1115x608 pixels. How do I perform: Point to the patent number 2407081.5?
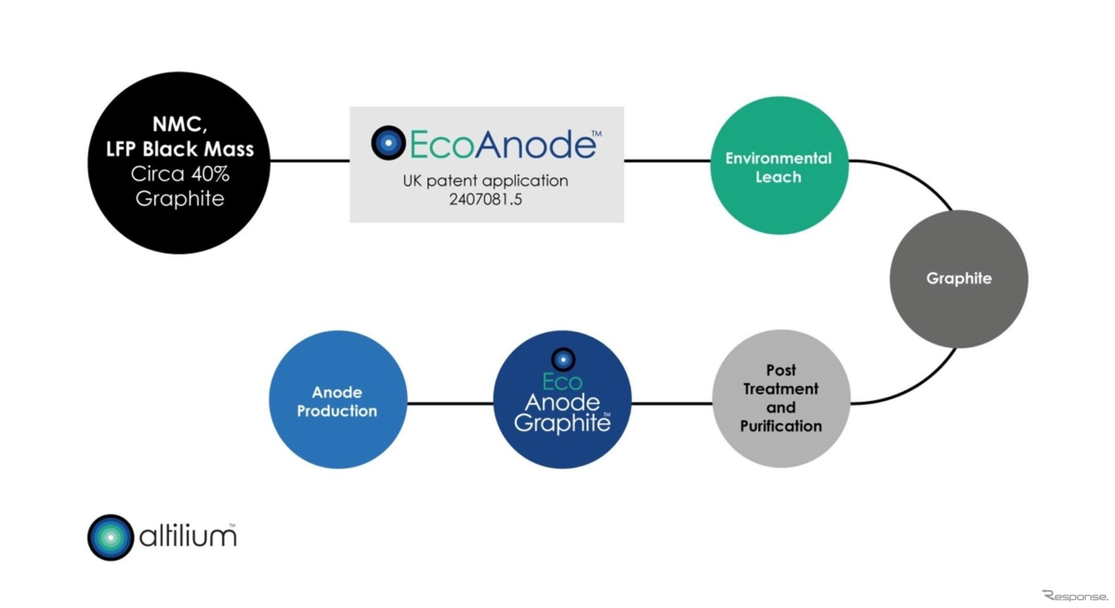coord(486,199)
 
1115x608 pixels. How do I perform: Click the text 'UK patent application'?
coord(486,181)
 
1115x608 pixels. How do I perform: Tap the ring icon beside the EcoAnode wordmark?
coord(388,142)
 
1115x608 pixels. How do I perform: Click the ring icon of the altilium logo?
coord(111,537)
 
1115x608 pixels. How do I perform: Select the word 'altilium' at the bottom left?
coord(188,537)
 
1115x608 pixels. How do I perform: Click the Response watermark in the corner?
coord(1075,596)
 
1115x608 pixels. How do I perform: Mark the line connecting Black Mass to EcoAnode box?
coord(310,161)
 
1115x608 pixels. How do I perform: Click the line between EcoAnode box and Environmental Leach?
coord(667,161)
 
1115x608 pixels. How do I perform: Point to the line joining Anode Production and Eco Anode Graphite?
coord(450,403)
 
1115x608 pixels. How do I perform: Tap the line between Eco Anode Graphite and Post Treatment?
coord(672,403)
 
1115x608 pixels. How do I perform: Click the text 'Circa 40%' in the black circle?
coord(180,174)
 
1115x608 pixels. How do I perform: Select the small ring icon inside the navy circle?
coord(563,360)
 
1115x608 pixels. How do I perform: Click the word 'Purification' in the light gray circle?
coord(781,426)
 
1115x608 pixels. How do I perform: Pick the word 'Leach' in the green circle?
coord(778,177)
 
